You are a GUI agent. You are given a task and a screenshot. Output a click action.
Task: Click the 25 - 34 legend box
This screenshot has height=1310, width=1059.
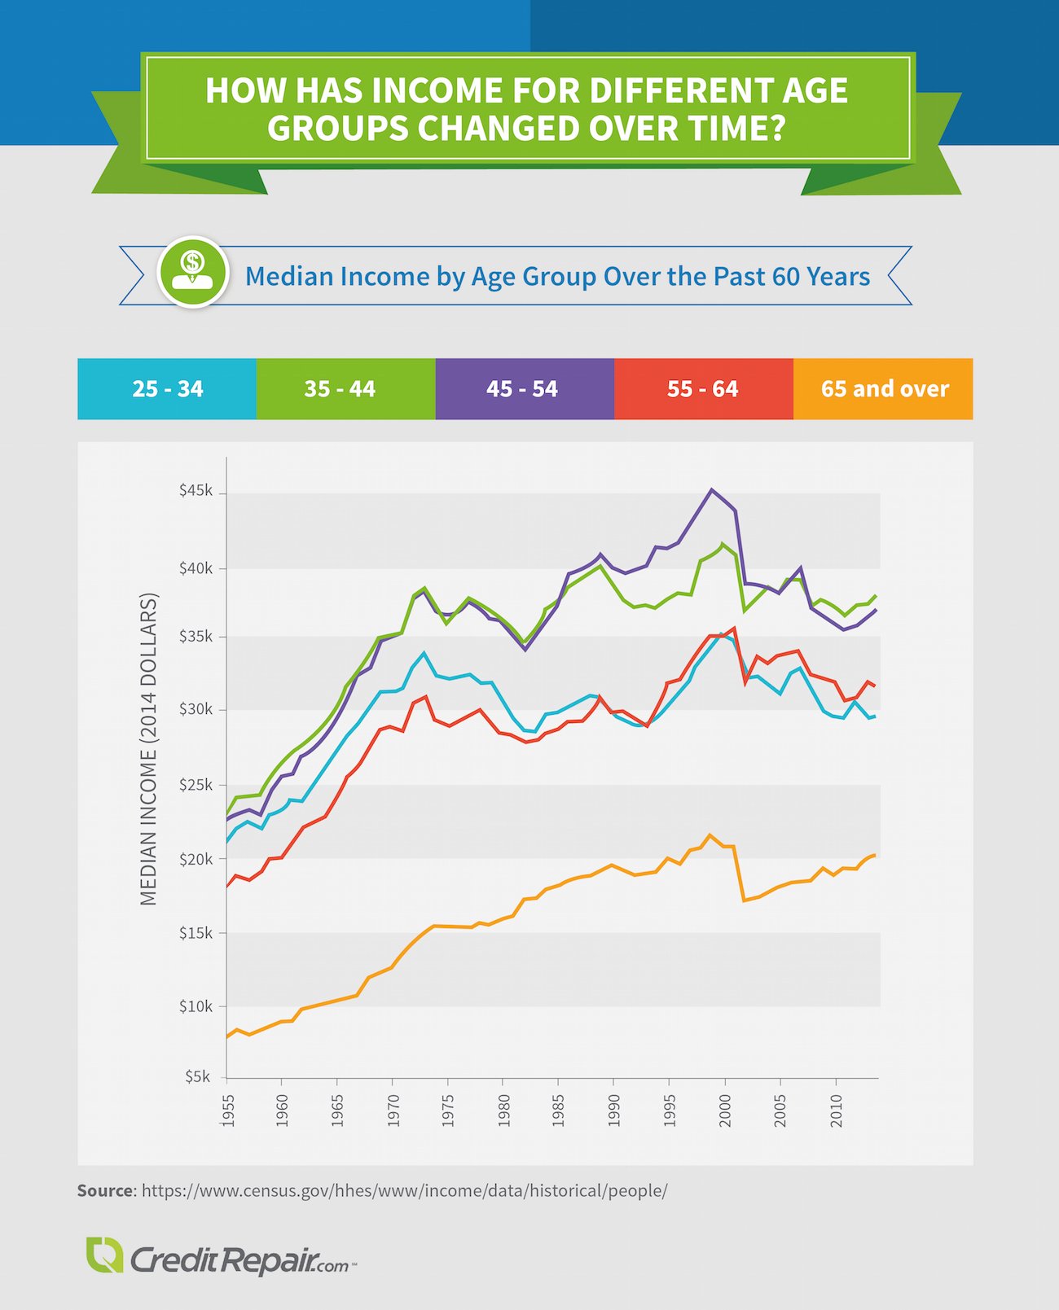167,389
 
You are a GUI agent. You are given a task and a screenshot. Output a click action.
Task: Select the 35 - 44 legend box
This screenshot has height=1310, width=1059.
345,389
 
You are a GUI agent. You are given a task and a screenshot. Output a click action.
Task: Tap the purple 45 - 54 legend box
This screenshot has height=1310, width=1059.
525,389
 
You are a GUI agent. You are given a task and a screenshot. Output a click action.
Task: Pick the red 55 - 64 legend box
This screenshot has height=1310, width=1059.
703,389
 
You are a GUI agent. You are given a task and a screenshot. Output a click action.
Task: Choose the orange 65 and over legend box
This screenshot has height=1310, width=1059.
883,389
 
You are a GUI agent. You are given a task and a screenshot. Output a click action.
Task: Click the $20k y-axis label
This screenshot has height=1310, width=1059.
196,859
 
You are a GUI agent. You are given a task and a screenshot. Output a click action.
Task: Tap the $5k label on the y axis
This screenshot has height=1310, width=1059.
198,1076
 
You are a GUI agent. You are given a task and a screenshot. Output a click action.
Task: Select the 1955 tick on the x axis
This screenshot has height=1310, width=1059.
227,1111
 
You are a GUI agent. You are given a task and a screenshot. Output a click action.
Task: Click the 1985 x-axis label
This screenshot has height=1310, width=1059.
558,1111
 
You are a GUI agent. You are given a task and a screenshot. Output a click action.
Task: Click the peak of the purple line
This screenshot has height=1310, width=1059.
711,489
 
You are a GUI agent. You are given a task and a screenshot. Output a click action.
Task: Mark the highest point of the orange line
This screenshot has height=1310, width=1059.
710,835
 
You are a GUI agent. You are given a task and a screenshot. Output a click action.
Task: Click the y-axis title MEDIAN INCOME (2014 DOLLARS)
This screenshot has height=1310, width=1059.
148,749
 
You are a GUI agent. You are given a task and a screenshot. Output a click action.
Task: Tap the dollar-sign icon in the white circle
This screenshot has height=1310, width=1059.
193,272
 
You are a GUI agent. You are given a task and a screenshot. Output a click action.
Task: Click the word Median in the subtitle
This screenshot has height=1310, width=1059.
288,277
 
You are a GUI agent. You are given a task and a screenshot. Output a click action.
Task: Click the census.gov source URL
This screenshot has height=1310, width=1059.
404,1190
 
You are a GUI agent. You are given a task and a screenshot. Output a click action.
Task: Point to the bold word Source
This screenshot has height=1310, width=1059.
104,1190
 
